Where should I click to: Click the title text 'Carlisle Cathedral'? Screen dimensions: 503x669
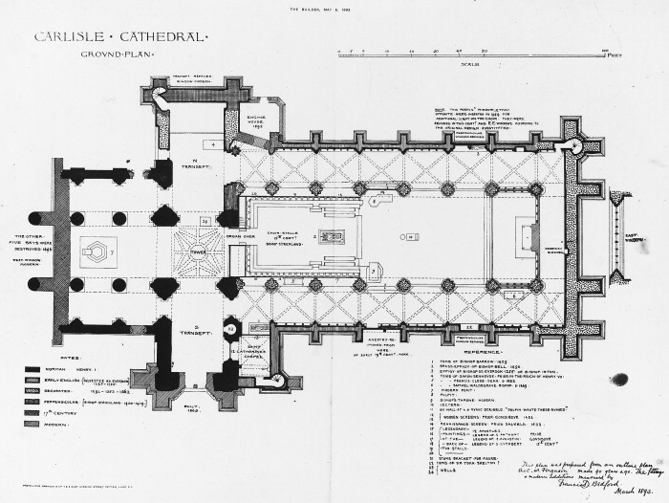pos(119,38)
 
